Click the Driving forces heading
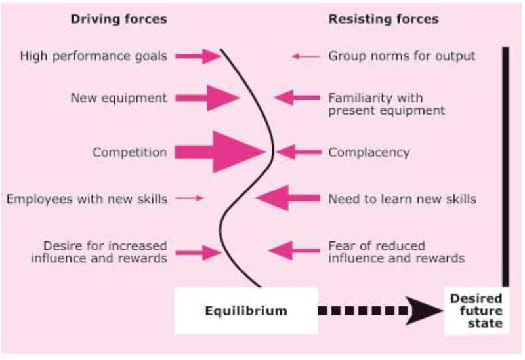[118, 20]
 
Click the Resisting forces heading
[383, 20]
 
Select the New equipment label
[119, 98]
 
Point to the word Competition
[129, 152]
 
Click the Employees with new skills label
[86, 197]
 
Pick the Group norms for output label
[402, 56]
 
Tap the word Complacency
[369, 152]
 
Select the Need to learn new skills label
[402, 197]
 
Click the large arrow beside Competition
[223, 152]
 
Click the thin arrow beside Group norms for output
[305, 56]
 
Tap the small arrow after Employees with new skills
[190, 197]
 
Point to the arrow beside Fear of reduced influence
[292, 250]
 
